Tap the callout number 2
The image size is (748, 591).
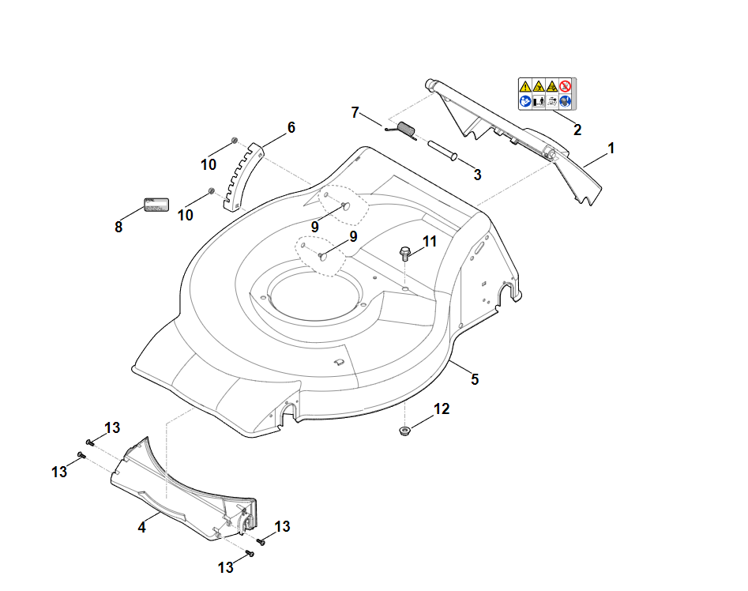tap(577, 130)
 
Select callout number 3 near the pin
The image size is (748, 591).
tap(477, 174)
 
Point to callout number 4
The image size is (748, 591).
tap(142, 526)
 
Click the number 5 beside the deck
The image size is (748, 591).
tap(475, 378)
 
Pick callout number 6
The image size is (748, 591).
tap(291, 127)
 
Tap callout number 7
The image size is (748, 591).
tap(355, 112)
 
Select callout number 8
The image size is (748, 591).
tap(118, 227)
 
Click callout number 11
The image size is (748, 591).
tap(429, 241)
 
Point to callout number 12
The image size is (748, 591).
tap(442, 408)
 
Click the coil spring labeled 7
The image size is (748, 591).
tap(406, 129)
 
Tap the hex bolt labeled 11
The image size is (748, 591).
tap(405, 254)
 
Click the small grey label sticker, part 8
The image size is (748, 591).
tap(156, 204)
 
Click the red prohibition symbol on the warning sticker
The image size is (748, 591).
tap(565, 85)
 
